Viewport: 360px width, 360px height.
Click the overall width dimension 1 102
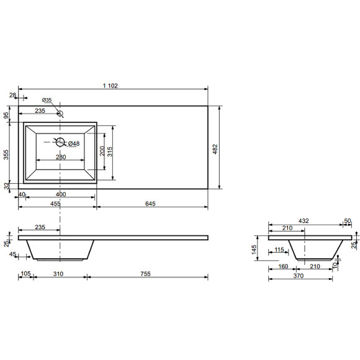(x=110, y=86)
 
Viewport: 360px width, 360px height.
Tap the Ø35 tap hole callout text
(x=47, y=100)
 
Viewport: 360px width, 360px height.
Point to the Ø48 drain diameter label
(x=74, y=144)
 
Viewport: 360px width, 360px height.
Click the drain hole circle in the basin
(x=60, y=142)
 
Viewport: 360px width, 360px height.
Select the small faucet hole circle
(x=60, y=113)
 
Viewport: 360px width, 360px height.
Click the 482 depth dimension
(x=215, y=149)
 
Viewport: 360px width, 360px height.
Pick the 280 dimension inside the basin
(x=61, y=157)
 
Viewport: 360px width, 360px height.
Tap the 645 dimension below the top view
(x=150, y=204)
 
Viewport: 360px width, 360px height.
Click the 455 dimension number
(x=56, y=204)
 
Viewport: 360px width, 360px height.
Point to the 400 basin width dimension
(x=61, y=194)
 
